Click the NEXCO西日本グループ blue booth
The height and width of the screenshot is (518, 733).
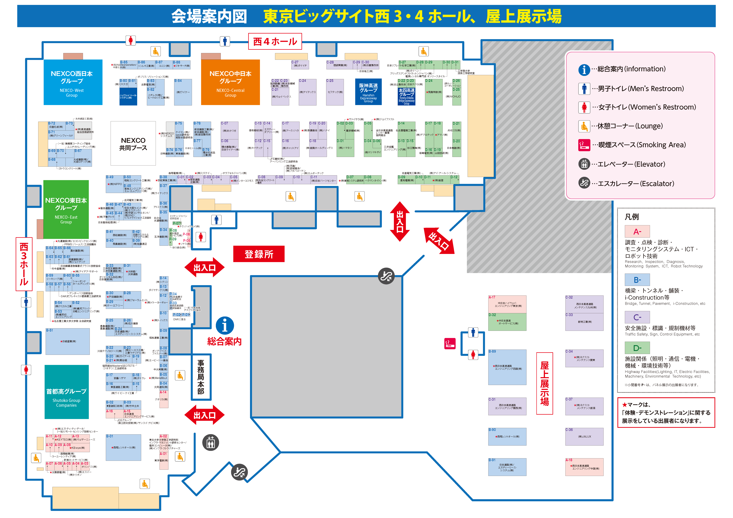tap(73, 82)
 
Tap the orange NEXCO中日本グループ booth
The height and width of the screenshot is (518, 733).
tap(230, 82)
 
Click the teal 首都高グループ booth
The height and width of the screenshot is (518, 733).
tap(66, 392)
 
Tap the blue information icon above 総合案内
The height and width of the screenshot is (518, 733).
tap(225, 326)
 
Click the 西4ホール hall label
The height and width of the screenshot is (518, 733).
tap(275, 41)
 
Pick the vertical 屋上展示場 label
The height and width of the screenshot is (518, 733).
tap(544, 383)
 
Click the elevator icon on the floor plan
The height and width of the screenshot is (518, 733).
tap(211, 443)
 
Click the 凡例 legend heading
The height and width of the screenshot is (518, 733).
tap(631, 217)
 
